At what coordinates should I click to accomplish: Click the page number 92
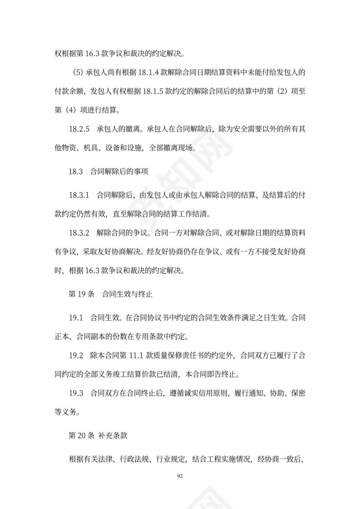(180, 476)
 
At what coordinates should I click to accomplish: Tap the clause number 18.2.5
(79, 130)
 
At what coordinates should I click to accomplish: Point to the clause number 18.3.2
(79, 233)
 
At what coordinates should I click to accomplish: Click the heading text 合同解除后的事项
(119, 171)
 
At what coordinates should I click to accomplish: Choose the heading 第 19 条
(82, 294)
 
